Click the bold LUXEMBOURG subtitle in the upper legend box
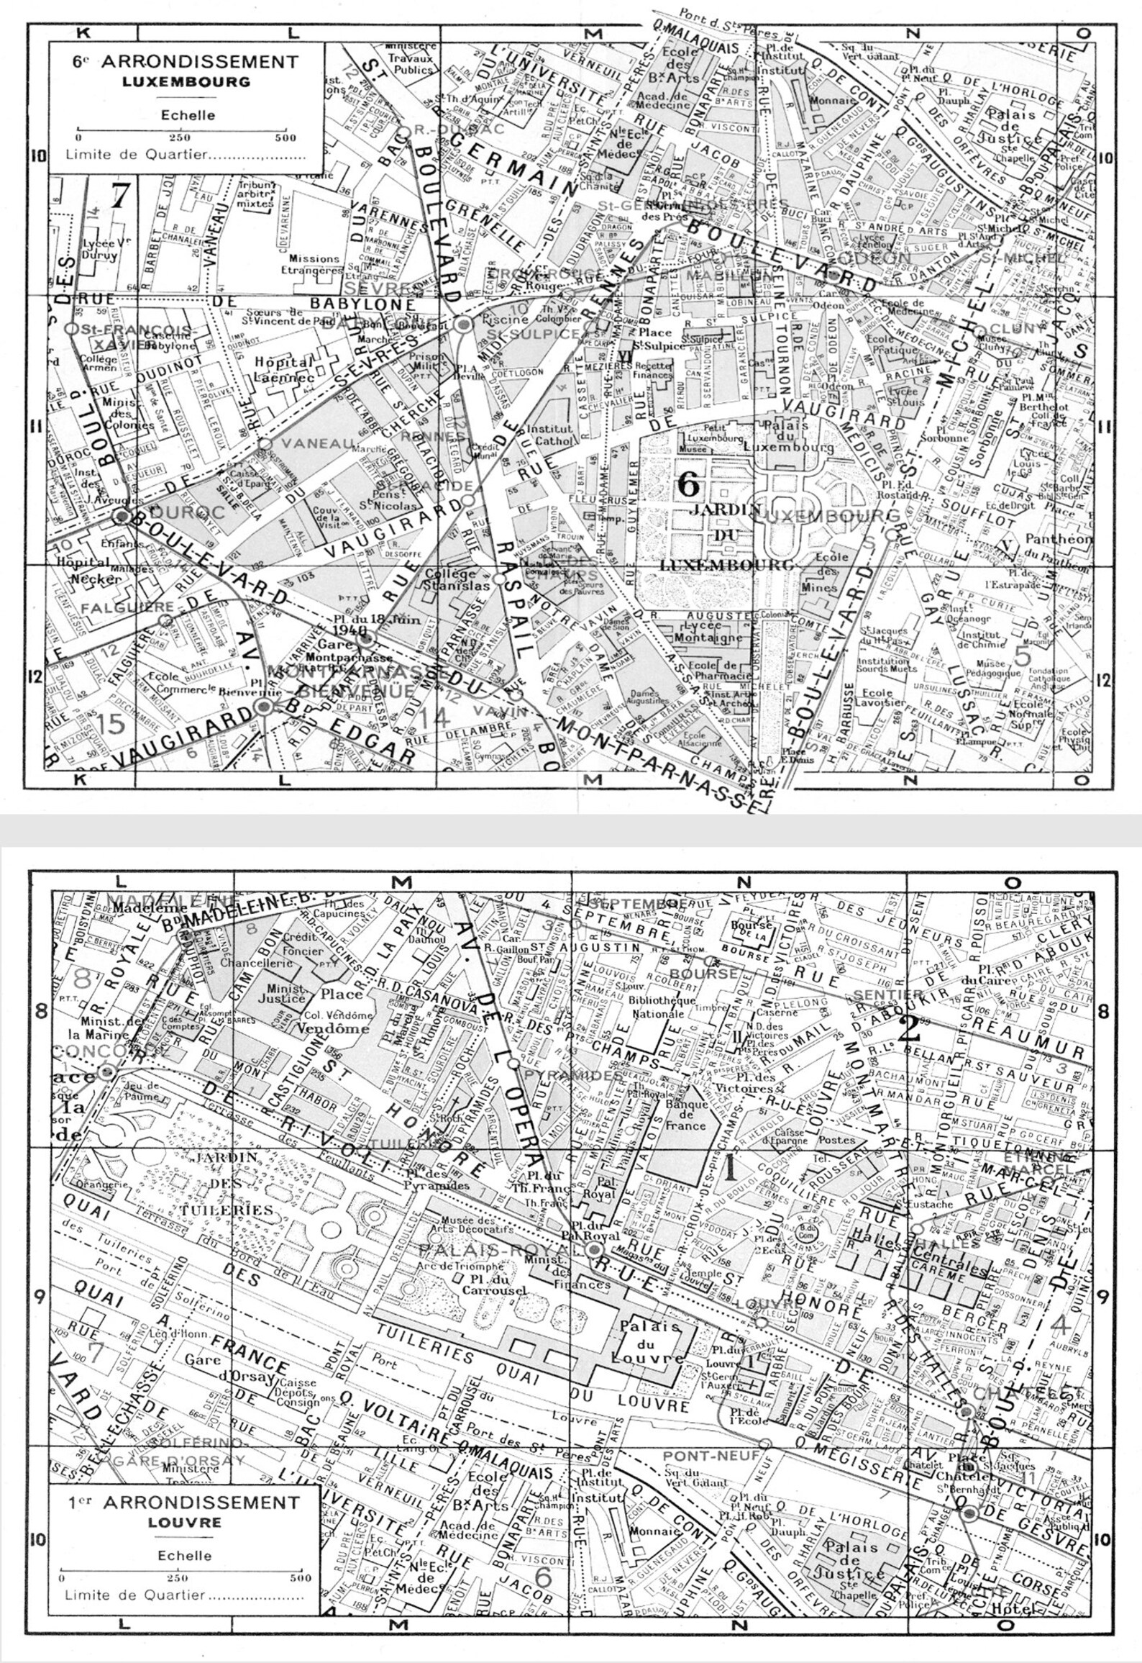pos(186,81)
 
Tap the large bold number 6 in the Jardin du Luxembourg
pos(688,484)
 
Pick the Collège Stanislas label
pos(451,580)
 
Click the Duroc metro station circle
pos(123,516)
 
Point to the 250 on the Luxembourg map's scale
pos(180,138)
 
